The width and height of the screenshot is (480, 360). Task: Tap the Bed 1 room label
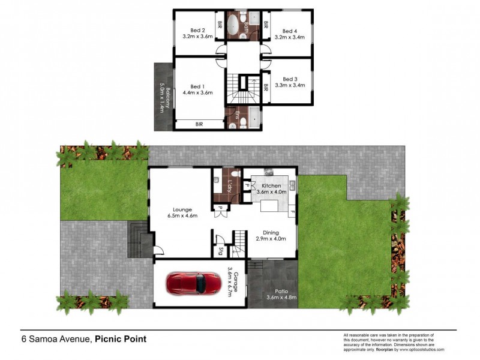click(198, 86)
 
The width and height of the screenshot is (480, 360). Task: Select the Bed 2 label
click(198, 31)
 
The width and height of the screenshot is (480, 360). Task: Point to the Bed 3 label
click(290, 79)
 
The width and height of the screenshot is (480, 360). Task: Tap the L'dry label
click(229, 186)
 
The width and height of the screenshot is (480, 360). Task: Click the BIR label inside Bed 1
click(199, 124)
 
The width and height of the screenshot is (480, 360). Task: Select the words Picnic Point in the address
click(121, 339)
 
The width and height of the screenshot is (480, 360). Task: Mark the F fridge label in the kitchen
click(292, 212)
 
